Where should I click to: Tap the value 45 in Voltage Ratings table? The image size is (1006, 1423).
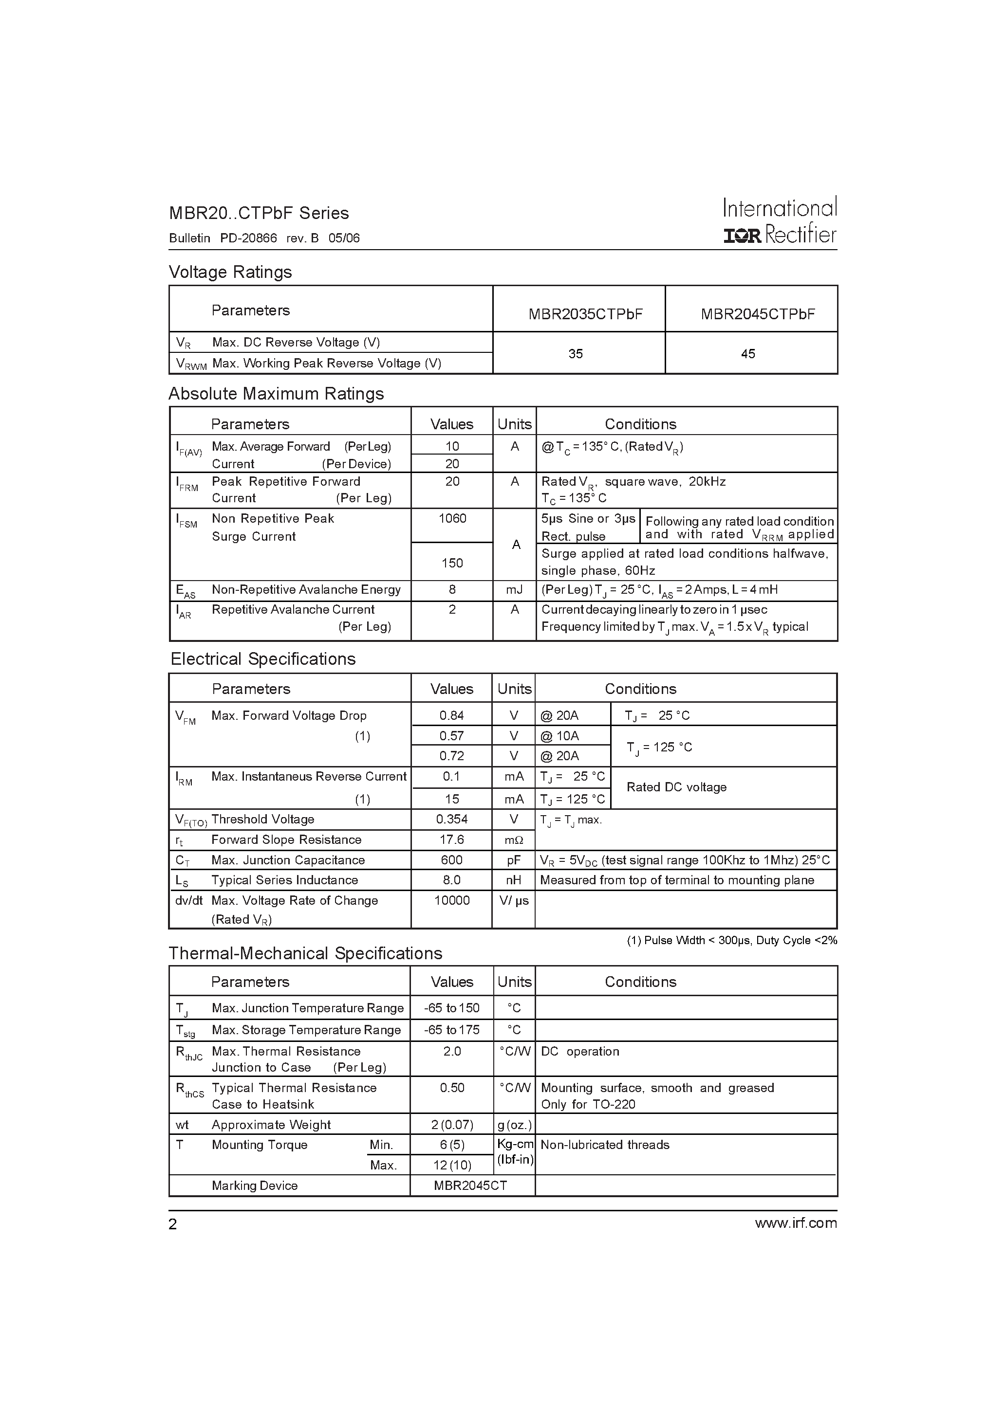[748, 353]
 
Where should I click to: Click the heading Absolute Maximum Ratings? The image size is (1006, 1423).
[276, 394]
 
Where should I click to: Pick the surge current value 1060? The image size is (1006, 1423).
[452, 518]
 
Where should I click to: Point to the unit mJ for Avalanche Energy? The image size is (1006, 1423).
[514, 589]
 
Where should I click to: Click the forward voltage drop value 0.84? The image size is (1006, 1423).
[451, 715]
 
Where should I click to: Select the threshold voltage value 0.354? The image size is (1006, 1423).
[451, 819]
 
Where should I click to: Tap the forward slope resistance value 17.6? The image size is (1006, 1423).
[451, 839]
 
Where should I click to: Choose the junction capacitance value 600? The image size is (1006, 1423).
[451, 859]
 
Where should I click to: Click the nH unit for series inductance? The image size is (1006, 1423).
[514, 880]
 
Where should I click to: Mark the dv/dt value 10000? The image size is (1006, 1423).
[451, 900]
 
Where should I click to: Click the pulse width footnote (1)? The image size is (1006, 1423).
[731, 940]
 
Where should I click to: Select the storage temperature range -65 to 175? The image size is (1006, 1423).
[451, 1029]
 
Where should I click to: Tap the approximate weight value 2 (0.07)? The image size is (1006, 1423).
[452, 1124]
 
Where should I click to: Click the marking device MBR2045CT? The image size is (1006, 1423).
[470, 1185]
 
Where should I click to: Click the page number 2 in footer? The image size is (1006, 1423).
[173, 1224]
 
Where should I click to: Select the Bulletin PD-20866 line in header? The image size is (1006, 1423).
[264, 238]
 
